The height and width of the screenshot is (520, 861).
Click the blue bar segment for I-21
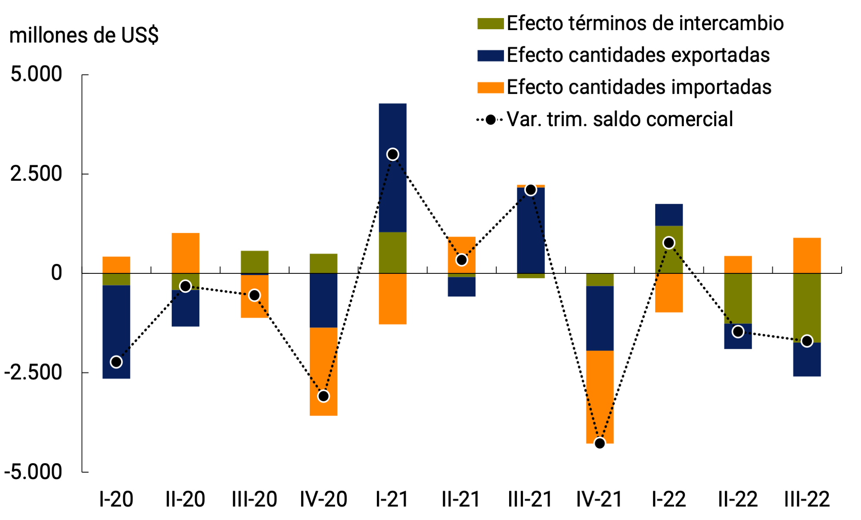392,194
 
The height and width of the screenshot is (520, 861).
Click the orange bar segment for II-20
185,253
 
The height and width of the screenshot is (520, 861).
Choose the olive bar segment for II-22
738,298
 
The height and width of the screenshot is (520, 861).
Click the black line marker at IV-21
600,443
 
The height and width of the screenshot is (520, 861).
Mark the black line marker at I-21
392,154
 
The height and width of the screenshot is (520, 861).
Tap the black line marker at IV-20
323,396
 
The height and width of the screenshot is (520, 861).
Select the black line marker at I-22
669,243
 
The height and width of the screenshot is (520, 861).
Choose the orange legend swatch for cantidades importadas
490,87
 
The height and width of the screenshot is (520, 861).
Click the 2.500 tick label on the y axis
36,174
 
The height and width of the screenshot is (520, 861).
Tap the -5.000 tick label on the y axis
33,472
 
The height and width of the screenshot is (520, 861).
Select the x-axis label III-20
254,499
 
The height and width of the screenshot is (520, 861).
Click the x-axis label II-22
738,499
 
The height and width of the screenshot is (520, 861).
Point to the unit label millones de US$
84,35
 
